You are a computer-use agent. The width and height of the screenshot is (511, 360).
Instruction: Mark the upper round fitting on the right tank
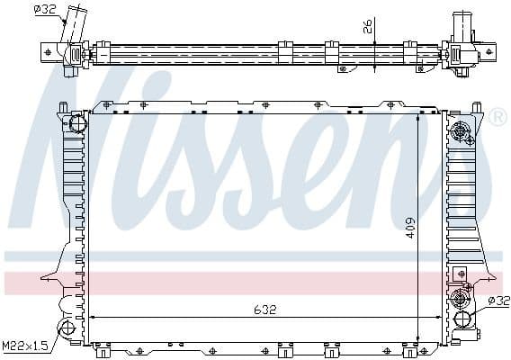(x=462, y=130)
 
